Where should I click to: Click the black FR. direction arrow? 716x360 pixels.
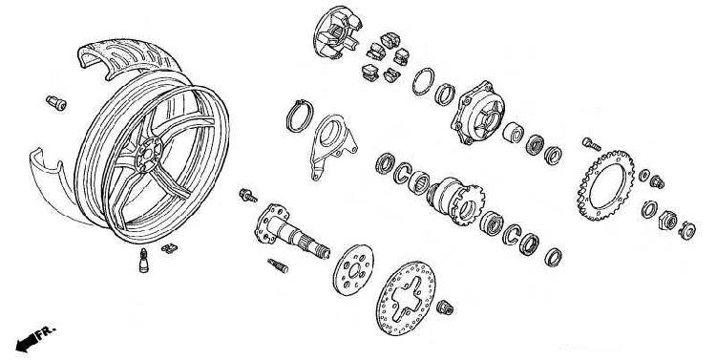(x=27, y=343)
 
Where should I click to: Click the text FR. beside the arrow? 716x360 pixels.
(x=46, y=331)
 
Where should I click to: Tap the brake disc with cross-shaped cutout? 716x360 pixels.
(x=406, y=298)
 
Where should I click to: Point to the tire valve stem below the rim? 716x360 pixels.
(x=144, y=260)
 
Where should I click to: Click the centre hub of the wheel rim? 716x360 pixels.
(x=149, y=155)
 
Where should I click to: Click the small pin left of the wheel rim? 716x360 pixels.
(x=56, y=103)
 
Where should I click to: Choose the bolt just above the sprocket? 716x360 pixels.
(x=591, y=144)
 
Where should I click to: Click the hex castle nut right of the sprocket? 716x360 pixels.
(x=667, y=221)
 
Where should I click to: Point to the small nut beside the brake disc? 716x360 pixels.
(x=444, y=307)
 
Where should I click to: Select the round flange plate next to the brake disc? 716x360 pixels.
(x=353, y=269)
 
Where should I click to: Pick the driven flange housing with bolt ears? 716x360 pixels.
(x=477, y=113)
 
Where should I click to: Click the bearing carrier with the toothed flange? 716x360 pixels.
(x=455, y=201)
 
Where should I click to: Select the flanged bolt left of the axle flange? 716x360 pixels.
(x=248, y=196)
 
